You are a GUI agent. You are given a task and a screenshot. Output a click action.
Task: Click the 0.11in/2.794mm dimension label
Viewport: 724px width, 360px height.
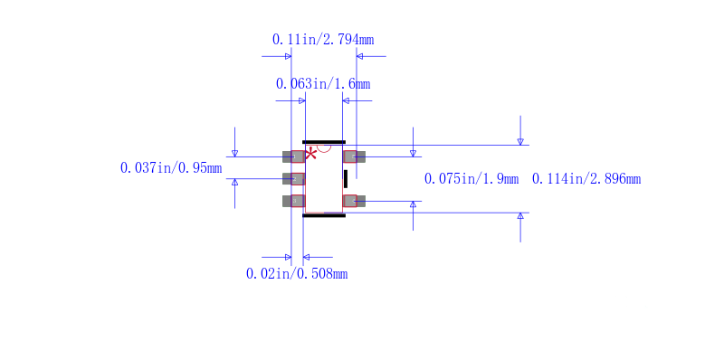point(322,40)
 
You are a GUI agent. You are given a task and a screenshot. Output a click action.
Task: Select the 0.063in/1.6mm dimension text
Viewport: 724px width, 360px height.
point(322,84)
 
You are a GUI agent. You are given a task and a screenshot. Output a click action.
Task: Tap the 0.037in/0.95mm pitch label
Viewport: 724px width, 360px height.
point(170,168)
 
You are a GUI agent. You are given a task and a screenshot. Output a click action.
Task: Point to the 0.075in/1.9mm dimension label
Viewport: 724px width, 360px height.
point(471,179)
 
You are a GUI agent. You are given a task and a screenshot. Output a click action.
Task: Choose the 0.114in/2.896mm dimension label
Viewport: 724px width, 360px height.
point(586,179)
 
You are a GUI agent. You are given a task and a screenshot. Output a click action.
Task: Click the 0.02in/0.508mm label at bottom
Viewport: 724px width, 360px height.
point(296,273)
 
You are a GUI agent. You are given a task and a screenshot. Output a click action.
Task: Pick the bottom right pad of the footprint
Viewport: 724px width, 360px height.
point(354,201)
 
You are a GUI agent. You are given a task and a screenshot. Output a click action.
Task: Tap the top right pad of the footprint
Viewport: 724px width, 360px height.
point(354,156)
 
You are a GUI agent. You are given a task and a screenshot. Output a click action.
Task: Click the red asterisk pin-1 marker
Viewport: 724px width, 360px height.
point(310,153)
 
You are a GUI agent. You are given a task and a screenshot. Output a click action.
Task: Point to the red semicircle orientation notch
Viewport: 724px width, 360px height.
point(324,148)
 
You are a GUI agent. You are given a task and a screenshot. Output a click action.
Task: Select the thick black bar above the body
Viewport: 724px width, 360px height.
point(324,142)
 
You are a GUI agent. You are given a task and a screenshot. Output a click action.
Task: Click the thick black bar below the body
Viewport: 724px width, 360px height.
point(324,215)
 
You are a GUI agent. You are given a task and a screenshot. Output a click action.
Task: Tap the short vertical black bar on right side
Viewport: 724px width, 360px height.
point(346,179)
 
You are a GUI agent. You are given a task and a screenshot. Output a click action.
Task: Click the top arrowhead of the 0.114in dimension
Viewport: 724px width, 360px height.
point(520,141)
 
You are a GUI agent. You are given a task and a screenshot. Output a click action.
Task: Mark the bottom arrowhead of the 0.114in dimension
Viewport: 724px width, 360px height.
point(520,216)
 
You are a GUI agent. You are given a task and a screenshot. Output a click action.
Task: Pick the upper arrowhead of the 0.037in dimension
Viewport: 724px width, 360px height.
point(234,153)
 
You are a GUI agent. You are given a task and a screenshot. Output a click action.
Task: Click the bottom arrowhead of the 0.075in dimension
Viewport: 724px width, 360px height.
point(413,204)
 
